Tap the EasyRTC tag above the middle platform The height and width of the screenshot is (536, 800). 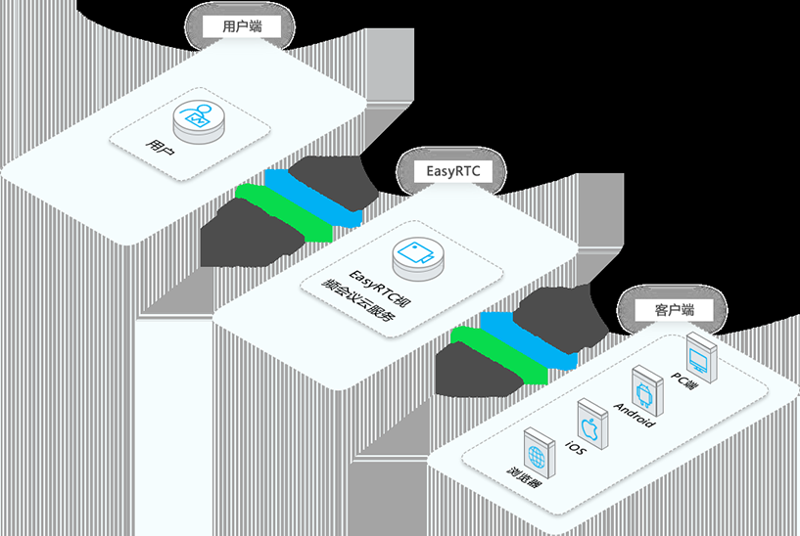(452, 171)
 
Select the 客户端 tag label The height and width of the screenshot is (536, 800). (673, 310)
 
